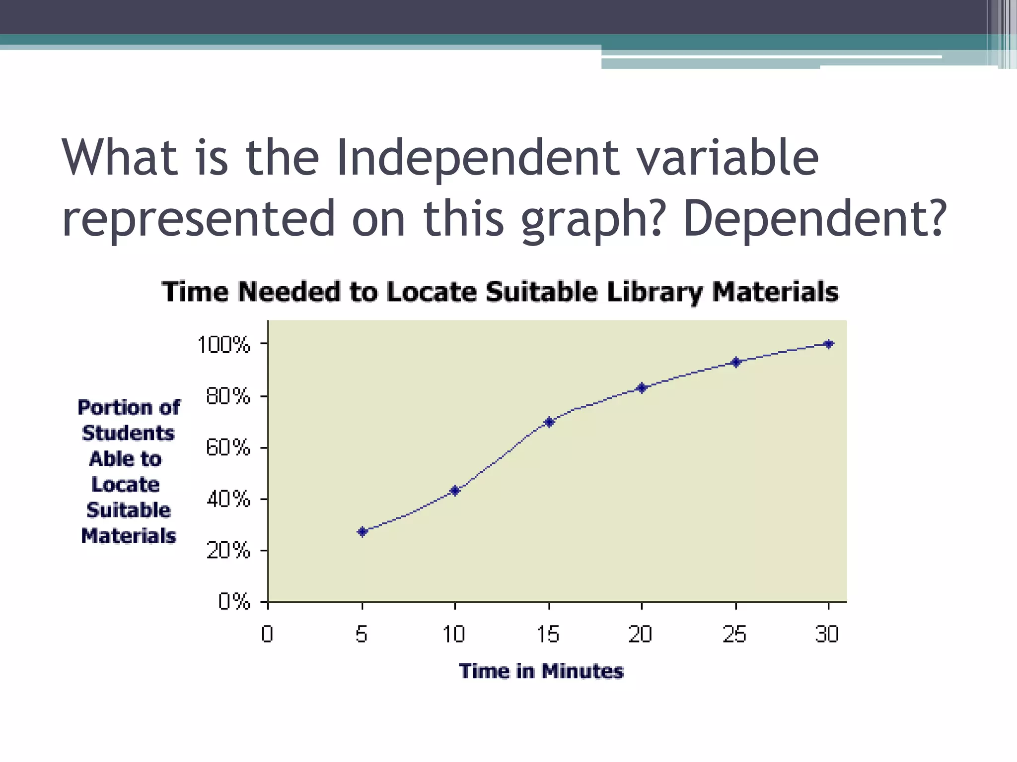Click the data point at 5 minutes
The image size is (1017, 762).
[363, 532]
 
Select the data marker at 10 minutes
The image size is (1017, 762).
[455, 491]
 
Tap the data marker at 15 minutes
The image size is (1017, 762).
[549, 422]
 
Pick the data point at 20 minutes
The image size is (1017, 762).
[642, 387]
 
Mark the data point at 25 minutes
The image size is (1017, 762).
[736, 362]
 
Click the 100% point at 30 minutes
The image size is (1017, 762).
[828, 344]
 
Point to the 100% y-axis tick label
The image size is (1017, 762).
[224, 345]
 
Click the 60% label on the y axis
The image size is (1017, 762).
[228, 448]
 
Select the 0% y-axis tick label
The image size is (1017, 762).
[234, 602]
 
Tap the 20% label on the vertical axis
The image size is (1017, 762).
[228, 550]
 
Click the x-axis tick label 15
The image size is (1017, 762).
[548, 635]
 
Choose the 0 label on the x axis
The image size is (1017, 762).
[267, 635]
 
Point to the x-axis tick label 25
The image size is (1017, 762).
[734, 635]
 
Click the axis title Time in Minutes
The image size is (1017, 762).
[541, 671]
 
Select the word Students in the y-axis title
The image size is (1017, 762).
[128, 433]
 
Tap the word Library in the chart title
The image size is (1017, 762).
[654, 292]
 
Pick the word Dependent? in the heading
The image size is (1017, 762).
[815, 219]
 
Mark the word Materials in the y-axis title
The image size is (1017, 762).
[129, 536]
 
